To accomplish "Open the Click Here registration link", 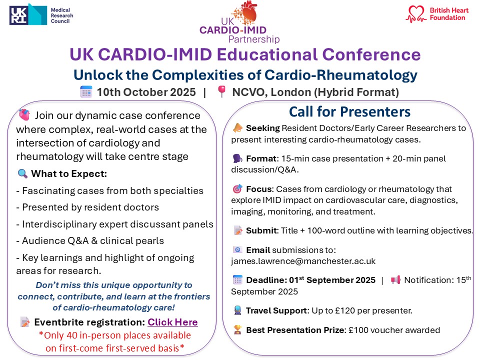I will click(172, 322).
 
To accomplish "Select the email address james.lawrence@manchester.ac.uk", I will click(303, 261).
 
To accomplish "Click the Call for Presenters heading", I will click(349, 111).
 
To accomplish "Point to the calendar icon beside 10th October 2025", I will click(86, 92).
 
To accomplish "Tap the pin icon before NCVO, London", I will click(221, 92).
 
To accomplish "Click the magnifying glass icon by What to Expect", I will click(22, 174).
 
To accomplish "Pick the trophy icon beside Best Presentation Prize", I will click(237, 330).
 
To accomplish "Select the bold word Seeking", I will click(262, 128).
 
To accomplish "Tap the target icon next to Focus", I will click(237, 189).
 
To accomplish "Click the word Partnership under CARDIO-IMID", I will click(253, 39).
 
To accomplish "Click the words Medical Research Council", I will click(62, 15).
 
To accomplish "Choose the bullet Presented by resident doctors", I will click(90, 207).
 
